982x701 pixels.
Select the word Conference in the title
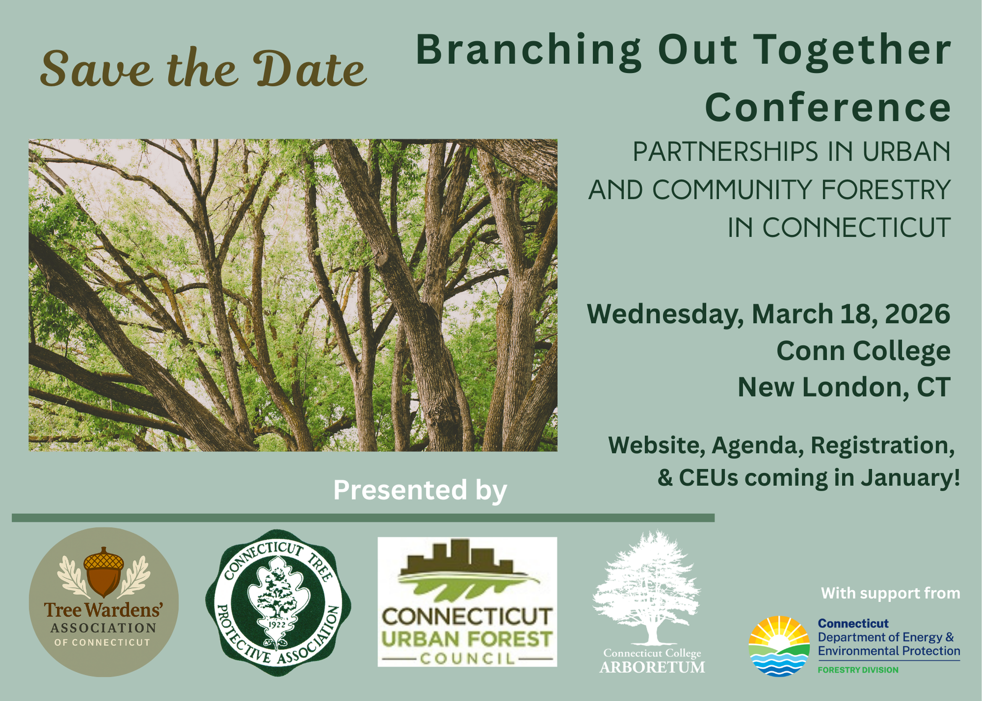click(828, 108)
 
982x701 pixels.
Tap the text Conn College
click(863, 351)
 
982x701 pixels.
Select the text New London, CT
click(844, 388)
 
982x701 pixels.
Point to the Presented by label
click(420, 490)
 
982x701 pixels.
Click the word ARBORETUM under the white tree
click(652, 668)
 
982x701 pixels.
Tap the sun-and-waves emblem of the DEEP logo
click(779, 646)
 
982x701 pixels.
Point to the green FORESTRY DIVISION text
click(858, 670)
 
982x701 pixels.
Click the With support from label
click(890, 593)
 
